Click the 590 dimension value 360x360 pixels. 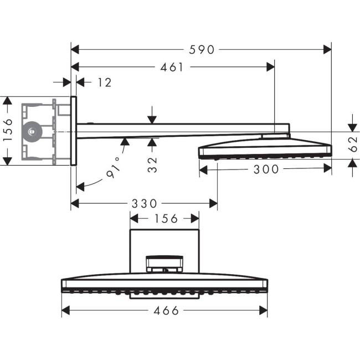(201, 49)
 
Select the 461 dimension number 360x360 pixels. (172, 67)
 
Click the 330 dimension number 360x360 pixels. (143, 204)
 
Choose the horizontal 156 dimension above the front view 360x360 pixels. (164, 218)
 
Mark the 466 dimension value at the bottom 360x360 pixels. (164, 311)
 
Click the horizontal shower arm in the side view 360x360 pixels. (177, 130)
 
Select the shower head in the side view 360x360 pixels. (265, 150)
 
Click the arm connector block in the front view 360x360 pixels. (163, 263)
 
